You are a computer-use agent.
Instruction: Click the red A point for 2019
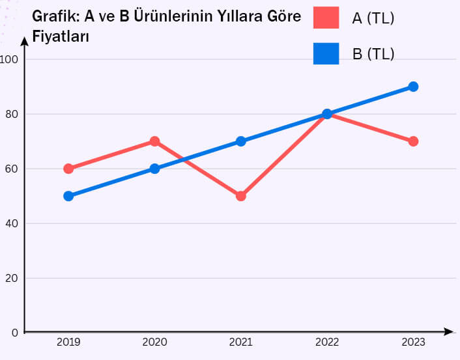(68, 169)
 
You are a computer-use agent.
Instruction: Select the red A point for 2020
(154, 141)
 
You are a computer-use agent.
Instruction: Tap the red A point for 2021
(241, 196)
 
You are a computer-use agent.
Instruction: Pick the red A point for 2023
(413, 141)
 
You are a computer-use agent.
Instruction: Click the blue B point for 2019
(68, 196)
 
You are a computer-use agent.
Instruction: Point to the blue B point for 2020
(154, 169)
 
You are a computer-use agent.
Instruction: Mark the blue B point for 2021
(241, 141)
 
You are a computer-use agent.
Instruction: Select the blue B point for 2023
(413, 87)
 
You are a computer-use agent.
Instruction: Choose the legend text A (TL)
(373, 18)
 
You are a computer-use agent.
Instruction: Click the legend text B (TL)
(373, 54)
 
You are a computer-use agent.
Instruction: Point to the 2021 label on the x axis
(241, 342)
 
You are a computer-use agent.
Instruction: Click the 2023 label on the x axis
(413, 342)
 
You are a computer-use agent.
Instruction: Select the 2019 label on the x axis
(68, 342)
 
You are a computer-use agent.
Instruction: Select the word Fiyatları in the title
(61, 36)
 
